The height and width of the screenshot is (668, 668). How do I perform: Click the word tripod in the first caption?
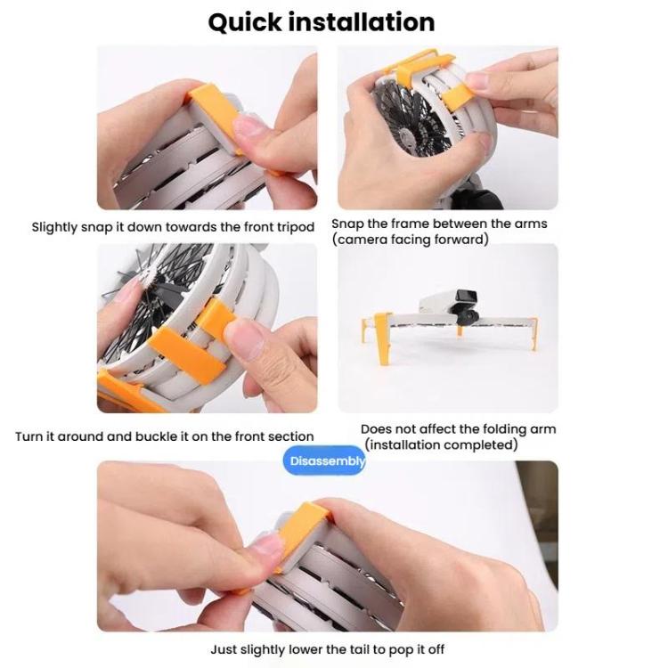[x=294, y=227]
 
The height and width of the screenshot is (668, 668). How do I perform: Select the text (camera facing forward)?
[x=410, y=240]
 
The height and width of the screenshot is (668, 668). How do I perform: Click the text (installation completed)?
[x=441, y=444]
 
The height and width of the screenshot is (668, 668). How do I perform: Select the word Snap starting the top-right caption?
[x=347, y=224]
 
